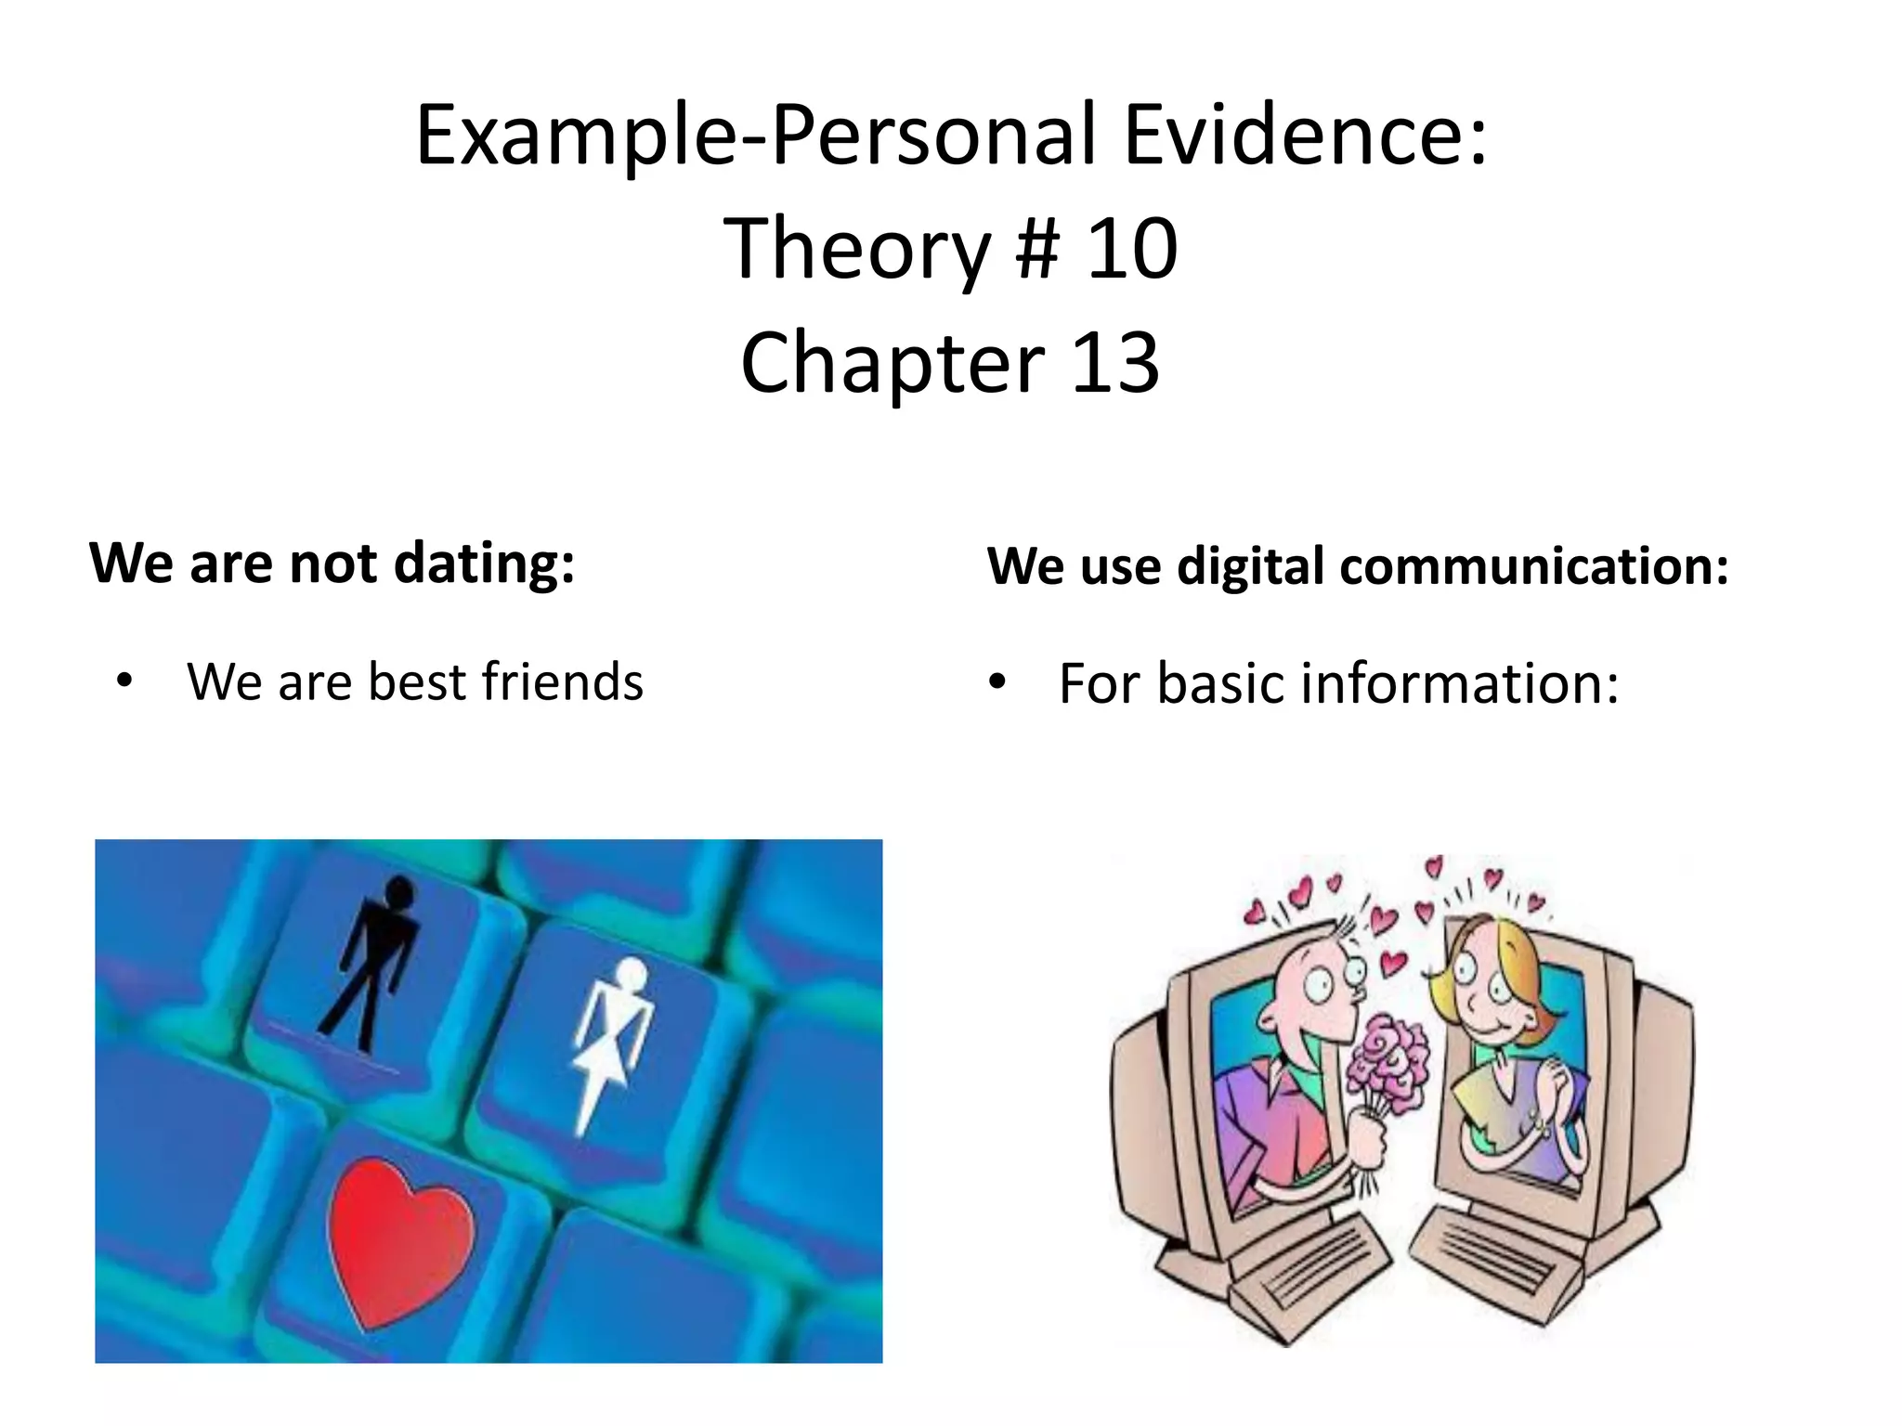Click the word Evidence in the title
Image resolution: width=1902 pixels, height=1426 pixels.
(x=1305, y=136)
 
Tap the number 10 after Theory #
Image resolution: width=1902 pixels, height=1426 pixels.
(x=1132, y=249)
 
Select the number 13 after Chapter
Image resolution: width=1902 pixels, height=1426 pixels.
(x=1114, y=363)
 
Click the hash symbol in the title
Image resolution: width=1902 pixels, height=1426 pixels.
(x=1037, y=249)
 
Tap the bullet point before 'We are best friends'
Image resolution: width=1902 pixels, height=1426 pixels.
(x=124, y=682)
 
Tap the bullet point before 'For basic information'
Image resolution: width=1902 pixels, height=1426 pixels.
(x=997, y=682)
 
